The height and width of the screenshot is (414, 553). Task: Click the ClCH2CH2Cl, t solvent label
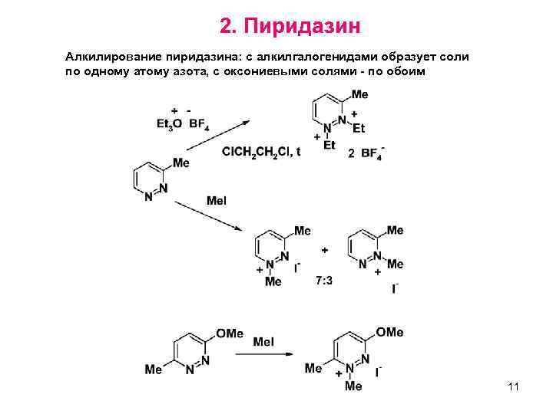pos(261,151)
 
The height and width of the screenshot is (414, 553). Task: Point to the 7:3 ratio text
pos(324,281)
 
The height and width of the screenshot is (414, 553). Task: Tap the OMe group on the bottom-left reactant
pos(229,333)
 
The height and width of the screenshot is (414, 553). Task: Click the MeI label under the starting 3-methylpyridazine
pos(217,201)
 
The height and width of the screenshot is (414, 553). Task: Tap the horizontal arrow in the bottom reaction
pos(264,353)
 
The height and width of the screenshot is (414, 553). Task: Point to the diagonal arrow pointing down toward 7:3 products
pos(207,216)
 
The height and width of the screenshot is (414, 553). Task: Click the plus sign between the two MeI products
pos(325,250)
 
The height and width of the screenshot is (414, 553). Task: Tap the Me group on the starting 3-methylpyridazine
pos(180,163)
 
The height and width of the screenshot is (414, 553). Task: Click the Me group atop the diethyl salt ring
pos(359,94)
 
